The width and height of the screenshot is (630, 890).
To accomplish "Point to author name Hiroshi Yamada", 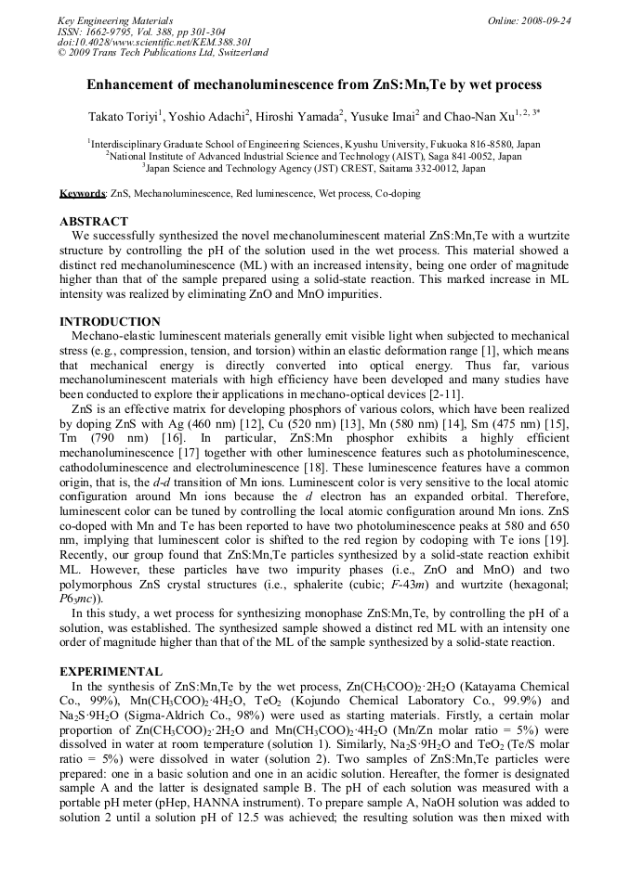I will coord(310,118).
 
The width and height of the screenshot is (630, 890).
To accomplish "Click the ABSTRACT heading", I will coord(94,222).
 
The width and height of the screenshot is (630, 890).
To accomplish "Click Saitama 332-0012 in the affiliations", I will coord(399,169).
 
